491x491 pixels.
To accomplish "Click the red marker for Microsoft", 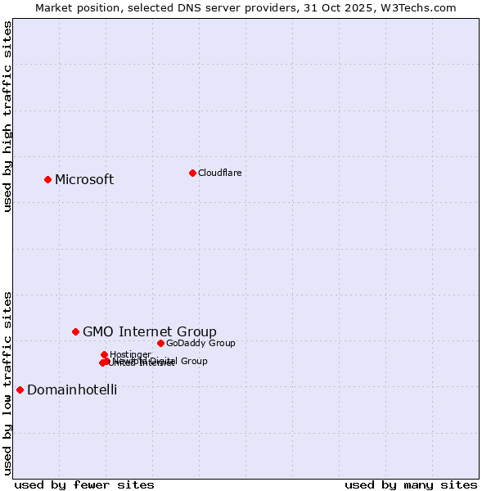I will pyautogui.click(x=48, y=179).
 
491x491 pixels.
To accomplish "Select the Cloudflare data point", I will pyautogui.click(x=192, y=173).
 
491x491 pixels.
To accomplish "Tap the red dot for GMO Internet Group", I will pyautogui.click(x=76, y=331).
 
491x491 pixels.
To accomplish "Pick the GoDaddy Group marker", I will pyautogui.click(x=160, y=343).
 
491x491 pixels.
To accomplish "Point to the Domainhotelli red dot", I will pyautogui.click(x=20, y=390).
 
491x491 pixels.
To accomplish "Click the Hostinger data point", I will pyautogui.click(x=105, y=354).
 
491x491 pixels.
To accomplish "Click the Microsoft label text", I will pyautogui.click(x=84, y=180).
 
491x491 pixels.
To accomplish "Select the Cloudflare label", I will pyautogui.click(x=219, y=173).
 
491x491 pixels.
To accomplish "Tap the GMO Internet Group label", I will pyautogui.click(x=150, y=331).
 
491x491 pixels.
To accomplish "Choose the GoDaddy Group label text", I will pyautogui.click(x=200, y=343).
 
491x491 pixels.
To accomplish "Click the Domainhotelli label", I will pyautogui.click(x=72, y=390).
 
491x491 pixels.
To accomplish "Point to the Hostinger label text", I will pyautogui.click(x=131, y=354).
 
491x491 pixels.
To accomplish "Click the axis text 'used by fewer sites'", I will pyautogui.click(x=84, y=484).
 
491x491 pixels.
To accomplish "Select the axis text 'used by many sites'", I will pyautogui.click(x=411, y=484).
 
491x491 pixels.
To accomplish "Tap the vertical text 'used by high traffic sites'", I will pyautogui.click(x=8, y=116).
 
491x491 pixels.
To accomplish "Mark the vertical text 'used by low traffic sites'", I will pyautogui.click(x=8, y=382).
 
